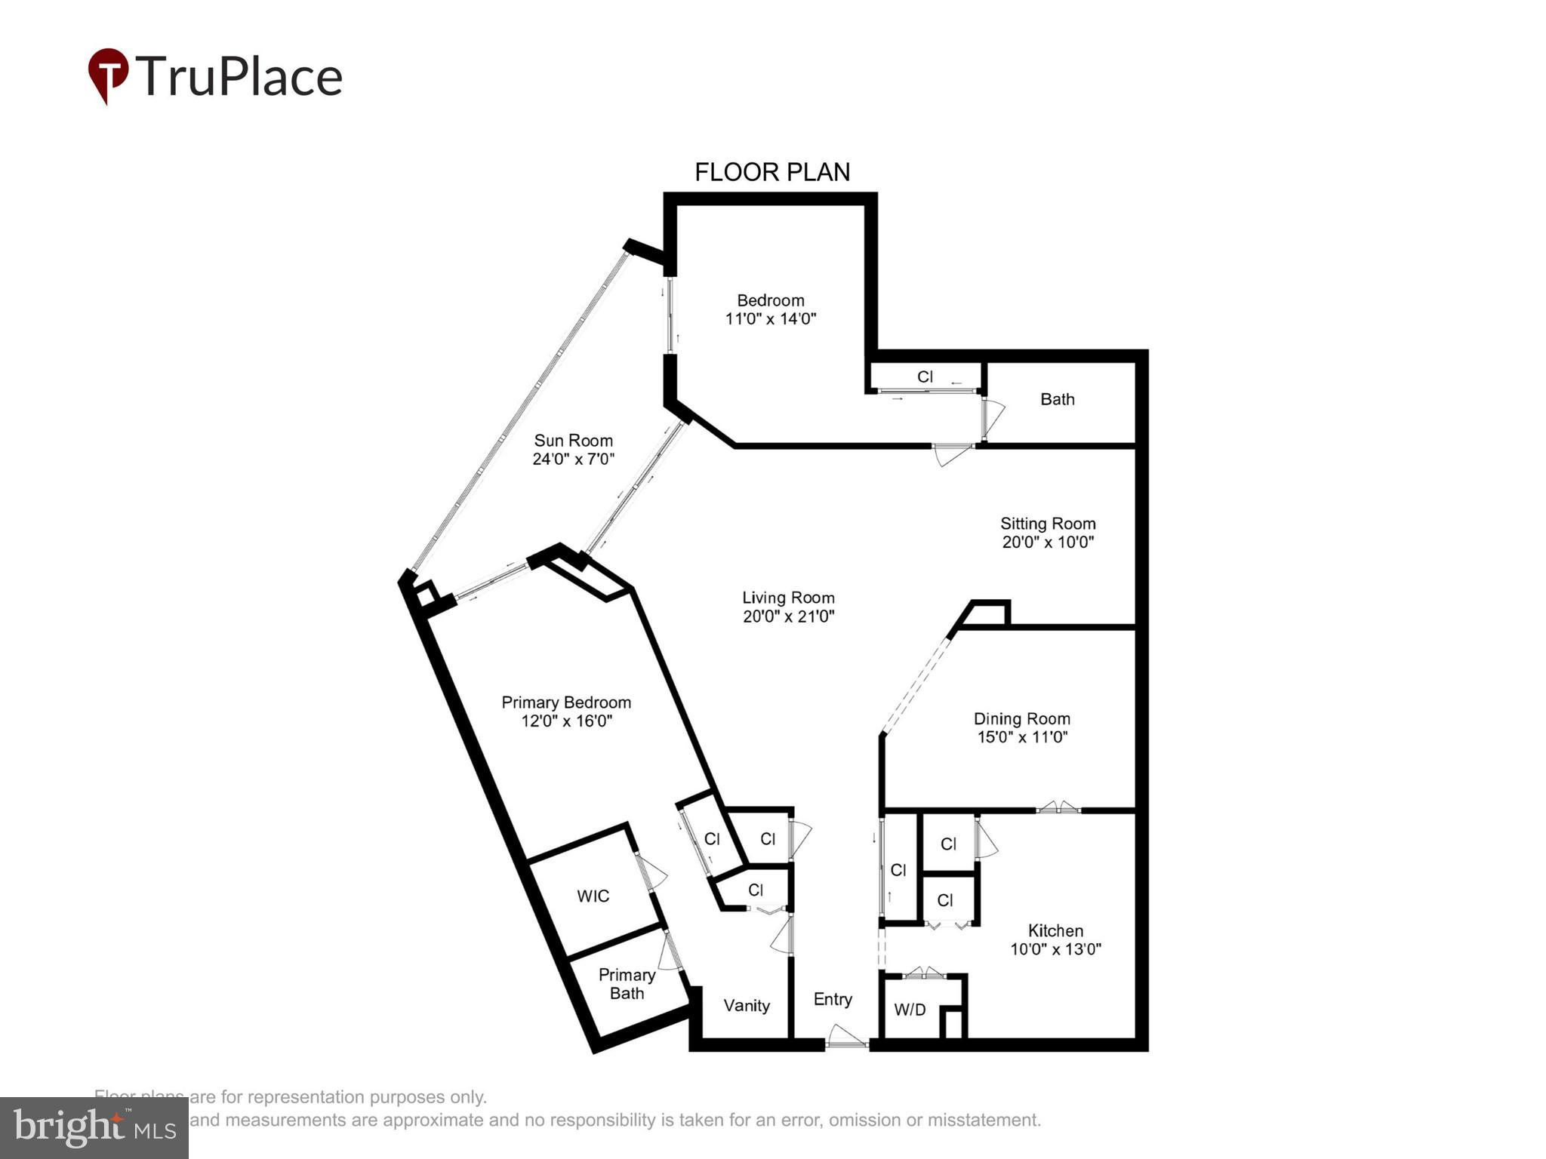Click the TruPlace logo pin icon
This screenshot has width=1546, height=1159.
(x=108, y=75)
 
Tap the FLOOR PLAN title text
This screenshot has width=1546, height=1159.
(x=771, y=172)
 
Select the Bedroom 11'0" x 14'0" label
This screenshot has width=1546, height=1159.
(x=770, y=309)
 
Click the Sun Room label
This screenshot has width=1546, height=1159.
(x=573, y=441)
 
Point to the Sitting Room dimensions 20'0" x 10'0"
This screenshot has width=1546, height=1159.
(x=1047, y=542)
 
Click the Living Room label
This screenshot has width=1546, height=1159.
(x=787, y=598)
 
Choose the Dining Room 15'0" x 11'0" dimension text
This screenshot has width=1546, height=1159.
(x=1021, y=737)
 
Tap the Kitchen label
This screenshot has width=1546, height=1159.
(x=1055, y=930)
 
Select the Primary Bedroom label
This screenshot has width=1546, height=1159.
(x=565, y=702)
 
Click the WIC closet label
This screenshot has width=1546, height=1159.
(x=593, y=896)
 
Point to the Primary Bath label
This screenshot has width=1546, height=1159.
(x=626, y=984)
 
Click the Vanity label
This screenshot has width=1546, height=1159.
(x=746, y=1005)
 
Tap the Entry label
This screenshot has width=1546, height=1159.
(x=833, y=999)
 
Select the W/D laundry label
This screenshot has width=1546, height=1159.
(x=910, y=1010)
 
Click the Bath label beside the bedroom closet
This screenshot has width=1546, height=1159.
(x=1057, y=399)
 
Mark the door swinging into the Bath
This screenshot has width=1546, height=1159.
(x=993, y=418)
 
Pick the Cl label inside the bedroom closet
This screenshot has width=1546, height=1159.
(x=925, y=376)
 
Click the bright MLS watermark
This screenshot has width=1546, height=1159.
(x=94, y=1127)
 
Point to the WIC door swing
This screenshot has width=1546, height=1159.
(x=651, y=873)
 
